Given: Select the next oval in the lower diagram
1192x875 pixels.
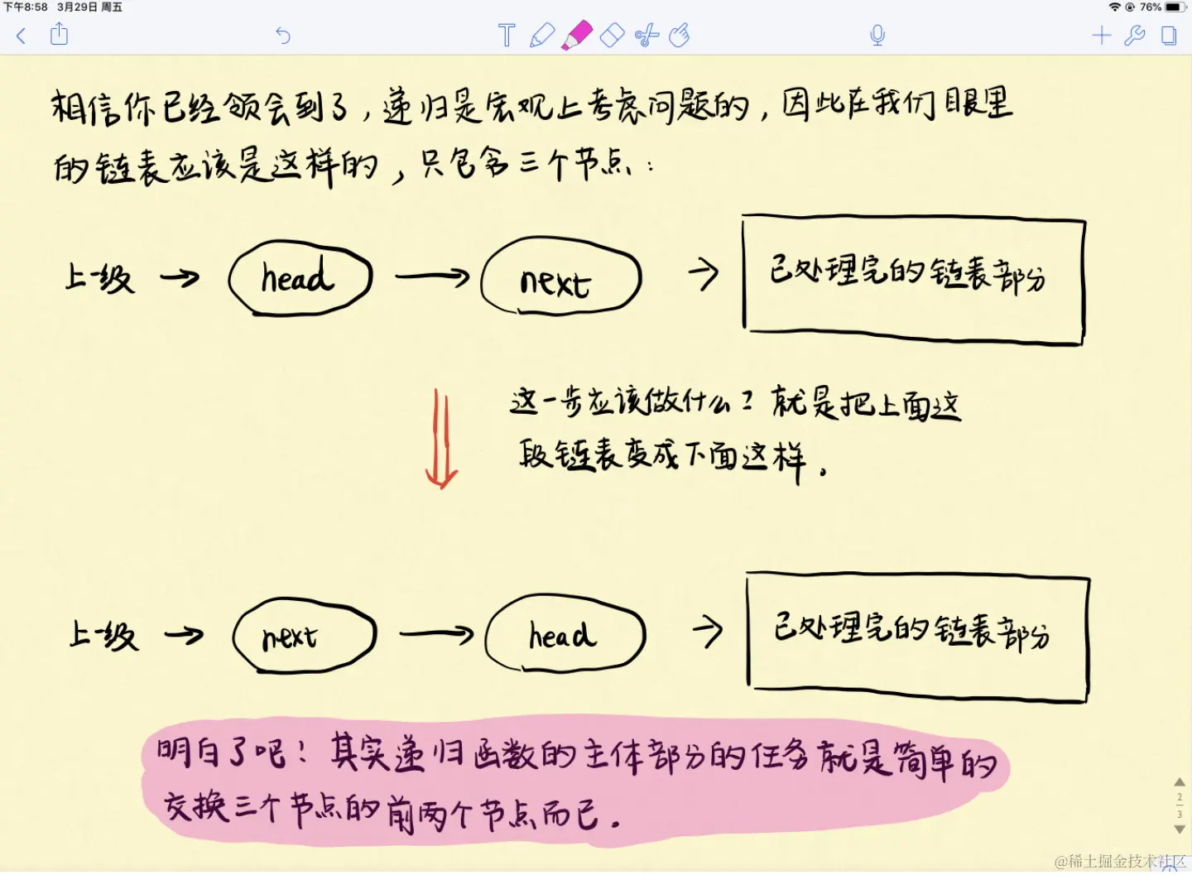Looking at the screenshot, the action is click(304, 636).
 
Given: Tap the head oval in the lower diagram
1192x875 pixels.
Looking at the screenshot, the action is click(565, 634).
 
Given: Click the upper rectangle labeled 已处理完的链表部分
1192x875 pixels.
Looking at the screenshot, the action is click(913, 279).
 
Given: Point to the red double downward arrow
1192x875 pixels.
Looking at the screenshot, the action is click(441, 439).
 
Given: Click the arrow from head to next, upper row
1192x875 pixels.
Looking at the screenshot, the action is click(431, 276).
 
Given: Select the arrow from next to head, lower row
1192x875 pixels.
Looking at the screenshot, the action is click(435, 634).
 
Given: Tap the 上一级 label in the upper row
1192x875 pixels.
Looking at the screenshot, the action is click(99, 278).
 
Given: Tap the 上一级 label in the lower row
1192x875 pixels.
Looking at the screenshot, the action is click(103, 636).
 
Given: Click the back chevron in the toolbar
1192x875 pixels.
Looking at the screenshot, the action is click(22, 36).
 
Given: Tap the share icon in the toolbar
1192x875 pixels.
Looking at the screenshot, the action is click(59, 35).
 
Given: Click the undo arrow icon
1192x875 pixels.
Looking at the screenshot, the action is click(283, 36).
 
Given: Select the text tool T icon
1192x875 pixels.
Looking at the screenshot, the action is click(507, 36).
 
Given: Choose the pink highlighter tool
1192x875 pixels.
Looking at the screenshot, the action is click(577, 36).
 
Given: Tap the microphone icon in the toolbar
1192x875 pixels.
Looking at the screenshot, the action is click(877, 36).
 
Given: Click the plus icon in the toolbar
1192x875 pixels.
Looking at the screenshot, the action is click(1101, 36).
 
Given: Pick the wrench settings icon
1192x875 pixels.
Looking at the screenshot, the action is click(1134, 36).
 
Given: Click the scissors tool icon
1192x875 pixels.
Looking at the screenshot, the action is click(646, 36).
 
